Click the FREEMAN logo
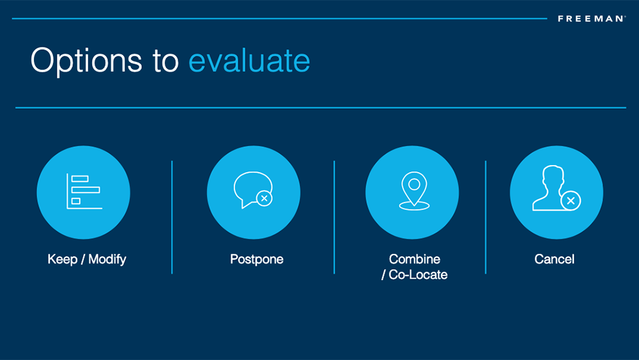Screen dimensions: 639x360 pos(592,19)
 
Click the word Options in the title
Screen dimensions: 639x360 pos(86,61)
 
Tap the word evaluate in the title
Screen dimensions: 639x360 pos(249,61)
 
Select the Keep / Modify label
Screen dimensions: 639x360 pos(87,260)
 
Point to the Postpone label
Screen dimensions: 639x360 pos(257,260)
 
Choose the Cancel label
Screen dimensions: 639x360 pos(554,260)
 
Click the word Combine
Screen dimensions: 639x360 pos(415,260)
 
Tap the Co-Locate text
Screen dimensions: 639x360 pos(418,275)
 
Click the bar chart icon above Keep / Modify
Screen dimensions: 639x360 pos(84,191)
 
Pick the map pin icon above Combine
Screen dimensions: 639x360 pos(414,191)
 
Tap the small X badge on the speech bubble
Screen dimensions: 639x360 pos(265,199)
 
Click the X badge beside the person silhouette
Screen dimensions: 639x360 pos(571,201)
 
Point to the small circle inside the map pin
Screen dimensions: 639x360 pos(414,185)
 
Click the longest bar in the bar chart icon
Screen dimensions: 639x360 pos(86,190)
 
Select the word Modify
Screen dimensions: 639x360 pos(107,260)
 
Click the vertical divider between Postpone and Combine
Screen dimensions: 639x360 pos(334,217)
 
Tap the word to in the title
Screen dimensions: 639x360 pos(166,61)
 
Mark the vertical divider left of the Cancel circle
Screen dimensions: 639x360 pos(486,217)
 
